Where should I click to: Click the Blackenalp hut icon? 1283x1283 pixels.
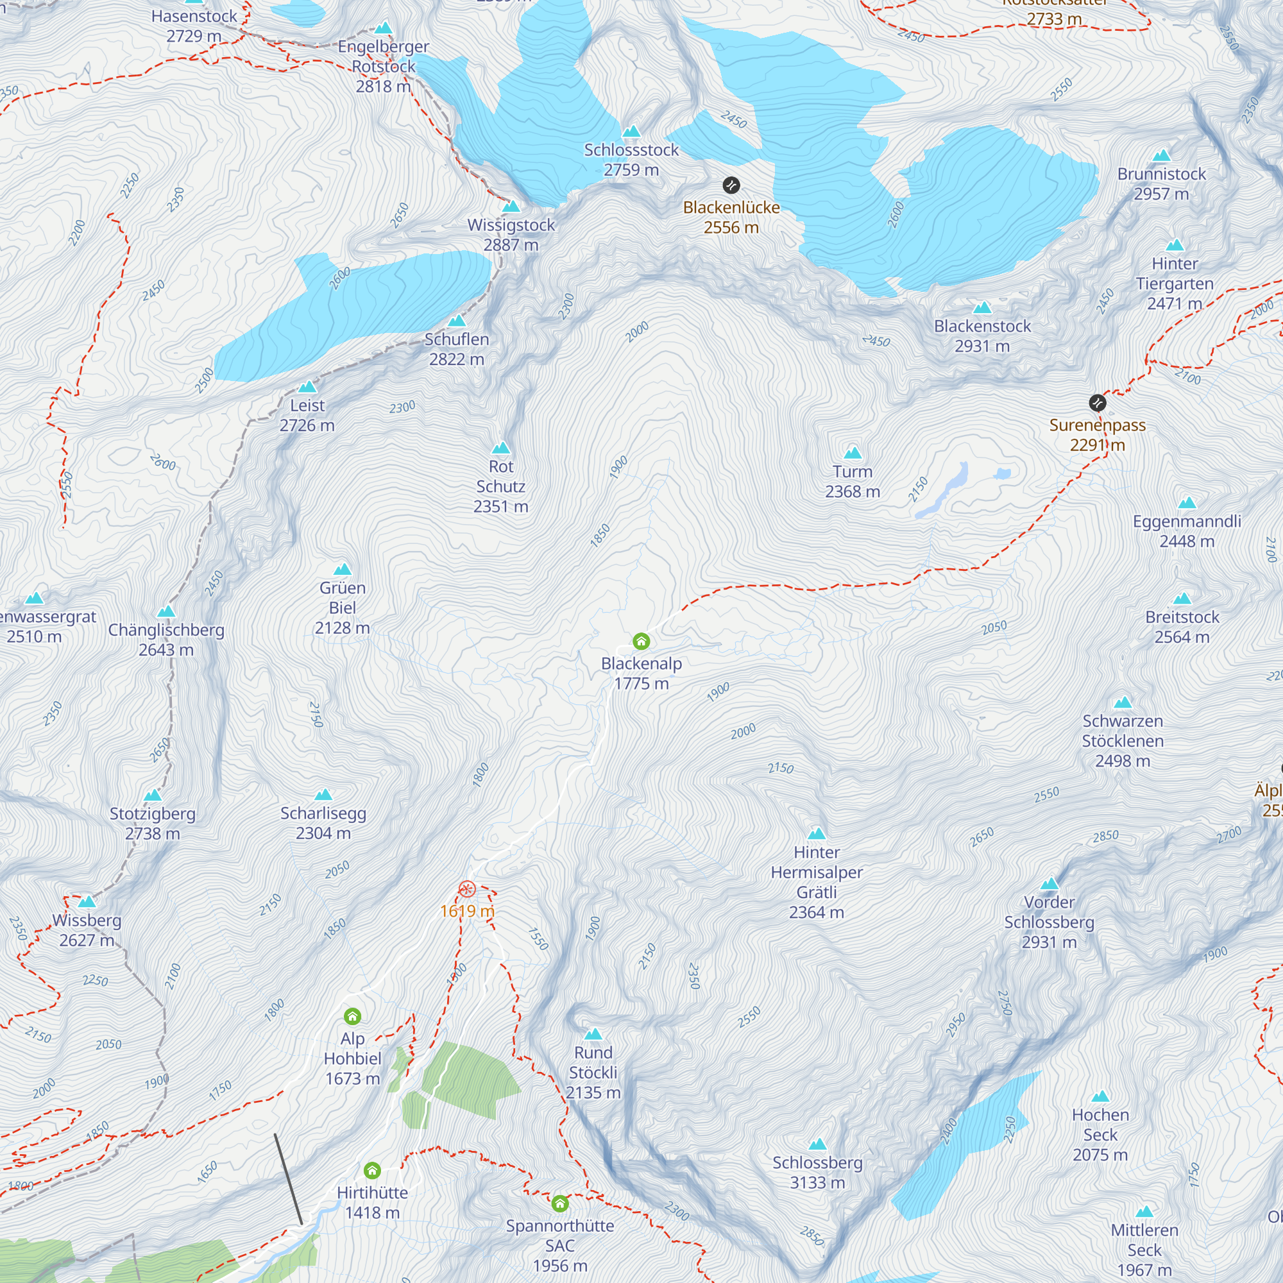coord(641,641)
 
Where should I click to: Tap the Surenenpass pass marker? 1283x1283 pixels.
coord(1098,402)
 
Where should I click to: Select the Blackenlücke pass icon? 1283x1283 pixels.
coord(731,185)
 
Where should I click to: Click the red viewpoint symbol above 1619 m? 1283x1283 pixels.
coord(467,889)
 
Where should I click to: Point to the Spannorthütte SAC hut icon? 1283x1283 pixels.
coord(560,1203)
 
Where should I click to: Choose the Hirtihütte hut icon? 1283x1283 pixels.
coord(372,1170)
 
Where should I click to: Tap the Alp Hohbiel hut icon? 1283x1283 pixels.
coord(353,1016)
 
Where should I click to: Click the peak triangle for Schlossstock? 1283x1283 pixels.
coord(631,132)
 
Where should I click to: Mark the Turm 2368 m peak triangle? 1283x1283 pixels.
coord(853,454)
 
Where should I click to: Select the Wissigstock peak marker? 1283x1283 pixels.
coord(511,207)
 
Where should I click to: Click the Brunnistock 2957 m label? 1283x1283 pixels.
coord(1162,184)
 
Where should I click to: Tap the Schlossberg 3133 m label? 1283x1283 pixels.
coord(817,1172)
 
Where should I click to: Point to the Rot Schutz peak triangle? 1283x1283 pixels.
coord(501,448)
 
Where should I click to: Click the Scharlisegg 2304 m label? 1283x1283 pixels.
coord(323,823)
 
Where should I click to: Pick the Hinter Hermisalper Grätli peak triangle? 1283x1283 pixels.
coord(817,834)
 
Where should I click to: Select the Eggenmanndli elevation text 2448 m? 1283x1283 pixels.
coord(1187,541)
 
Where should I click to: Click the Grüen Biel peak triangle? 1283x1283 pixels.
coord(342,569)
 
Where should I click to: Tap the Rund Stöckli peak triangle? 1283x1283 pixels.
coord(593,1034)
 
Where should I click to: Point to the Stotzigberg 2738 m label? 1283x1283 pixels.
coord(153,824)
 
